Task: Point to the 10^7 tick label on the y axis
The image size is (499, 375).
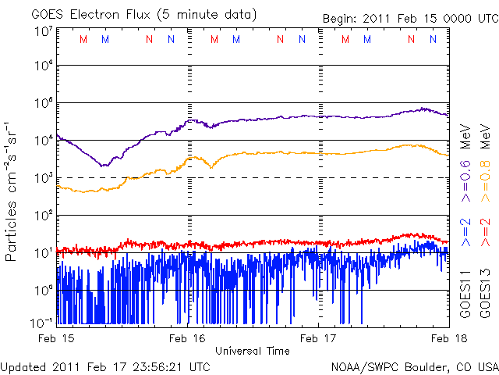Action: pyautogui.click(x=43, y=31)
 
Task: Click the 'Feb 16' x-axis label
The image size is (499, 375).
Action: pyautogui.click(x=188, y=338)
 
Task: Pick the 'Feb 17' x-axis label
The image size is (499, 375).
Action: pyautogui.click(x=319, y=338)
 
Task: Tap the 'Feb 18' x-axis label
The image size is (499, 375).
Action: pyautogui.click(x=447, y=338)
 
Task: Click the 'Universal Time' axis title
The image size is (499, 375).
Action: pyautogui.click(x=253, y=351)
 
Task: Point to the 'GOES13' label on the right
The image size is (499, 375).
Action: pyautogui.click(x=484, y=295)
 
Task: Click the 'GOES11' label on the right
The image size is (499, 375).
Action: pyautogui.click(x=465, y=295)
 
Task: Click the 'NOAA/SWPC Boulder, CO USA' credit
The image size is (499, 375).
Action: pyautogui.click(x=414, y=366)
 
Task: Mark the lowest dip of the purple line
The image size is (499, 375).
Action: pyautogui.click(x=104, y=166)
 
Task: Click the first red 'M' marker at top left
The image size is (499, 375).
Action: pyautogui.click(x=83, y=39)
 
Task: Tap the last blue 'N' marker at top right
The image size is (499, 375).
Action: pyautogui.click(x=434, y=39)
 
